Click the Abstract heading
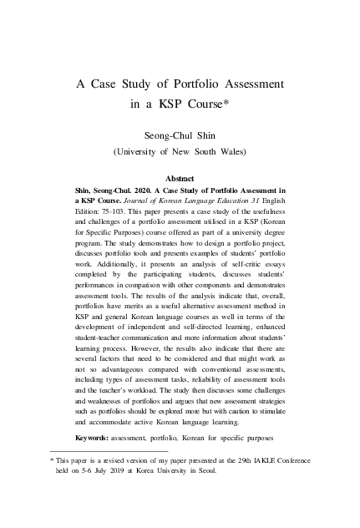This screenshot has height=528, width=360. point(180,179)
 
